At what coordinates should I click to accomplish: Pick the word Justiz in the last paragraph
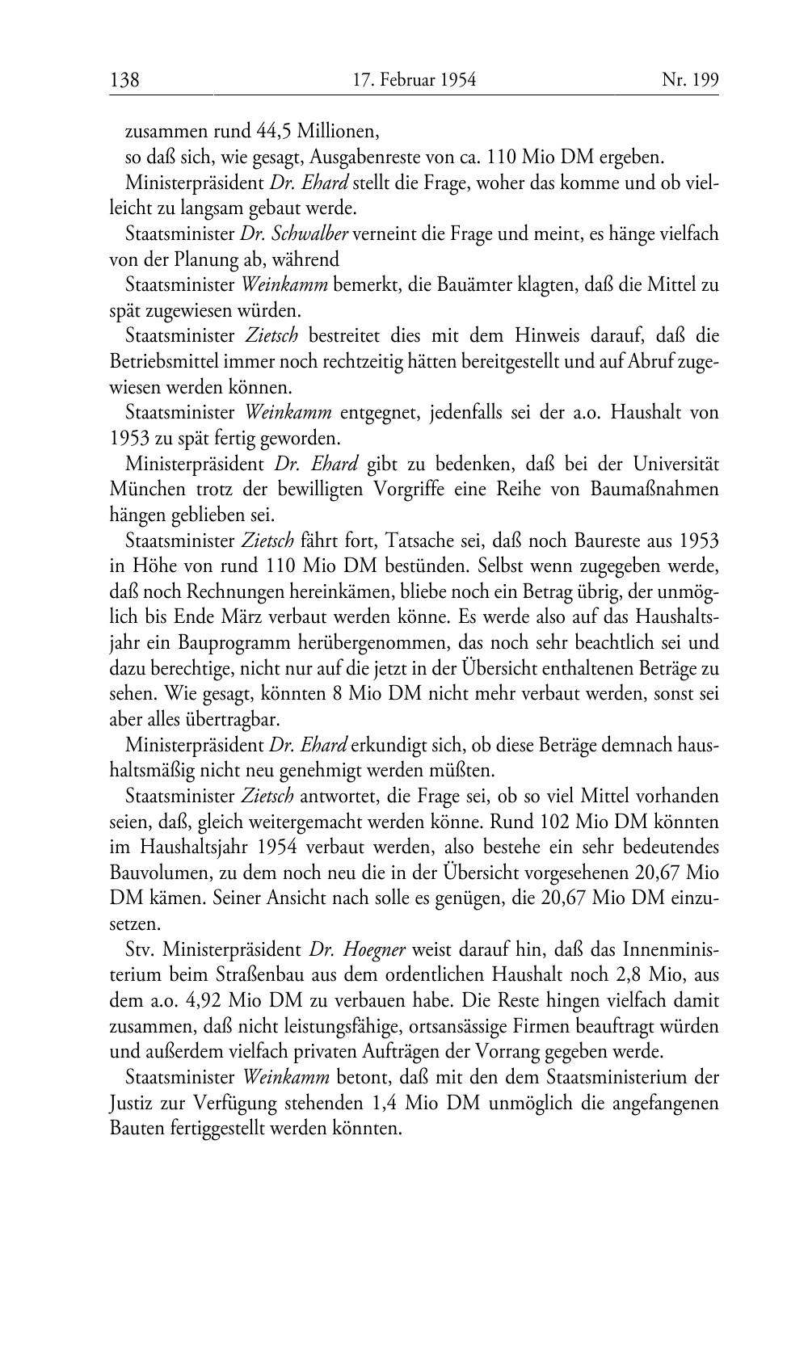click(129, 1104)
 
